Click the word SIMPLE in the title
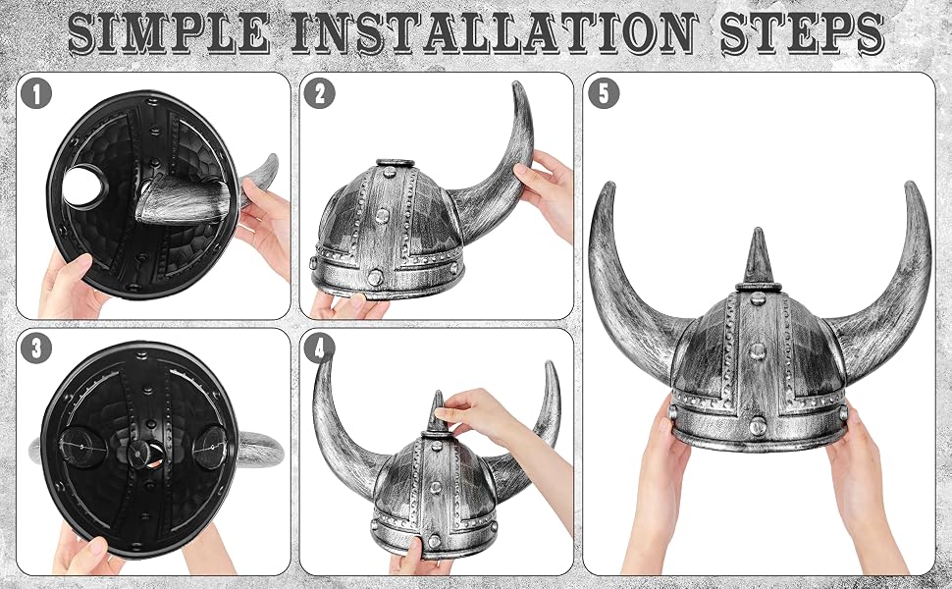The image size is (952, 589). [169, 32]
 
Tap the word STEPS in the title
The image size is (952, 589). [802, 32]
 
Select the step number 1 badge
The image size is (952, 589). [35, 93]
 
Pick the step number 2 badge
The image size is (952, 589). [319, 93]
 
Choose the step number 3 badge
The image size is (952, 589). [35, 348]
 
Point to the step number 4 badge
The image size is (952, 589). [319, 348]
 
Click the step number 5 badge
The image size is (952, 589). [604, 93]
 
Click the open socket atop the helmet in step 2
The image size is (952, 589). [395, 163]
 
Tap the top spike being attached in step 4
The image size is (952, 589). [437, 413]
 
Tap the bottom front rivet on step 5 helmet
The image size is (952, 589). [757, 426]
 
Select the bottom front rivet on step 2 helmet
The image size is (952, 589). [375, 278]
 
